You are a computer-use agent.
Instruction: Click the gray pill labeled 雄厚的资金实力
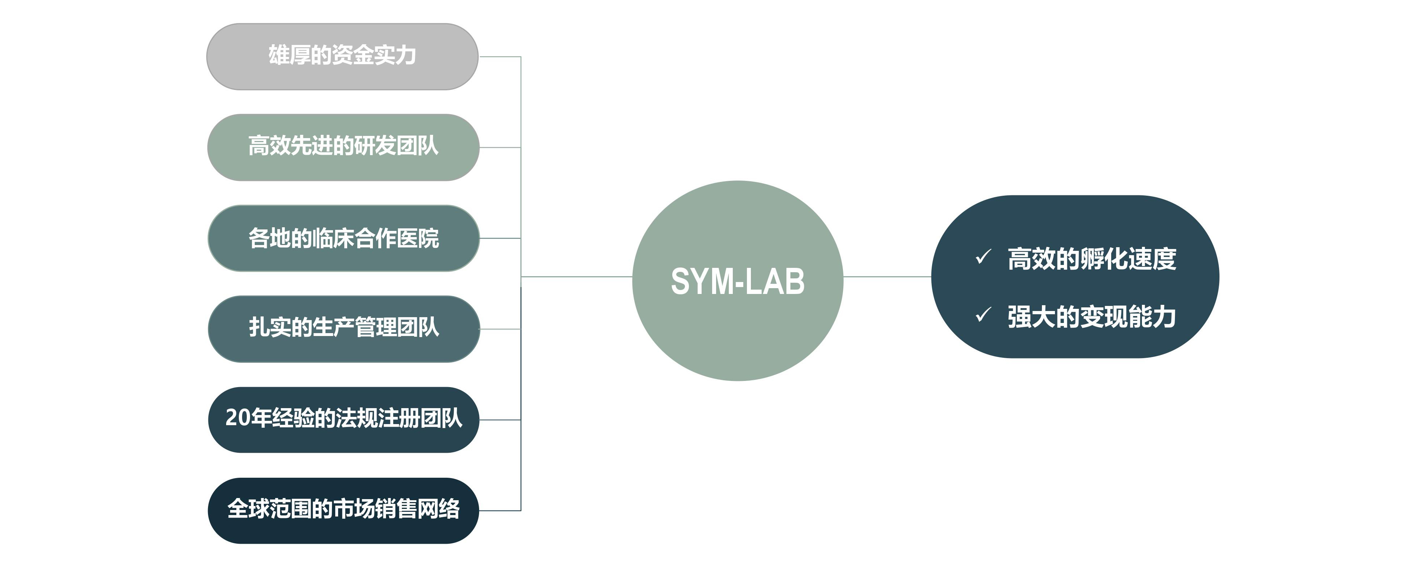[x=342, y=56]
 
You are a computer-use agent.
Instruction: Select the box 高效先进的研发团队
[x=343, y=147]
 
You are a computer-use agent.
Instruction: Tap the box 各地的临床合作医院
[x=343, y=238]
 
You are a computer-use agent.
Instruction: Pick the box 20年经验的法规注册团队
[x=343, y=419]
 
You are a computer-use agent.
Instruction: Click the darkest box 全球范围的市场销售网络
[x=343, y=510]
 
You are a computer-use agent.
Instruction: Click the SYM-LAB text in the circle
[x=737, y=281]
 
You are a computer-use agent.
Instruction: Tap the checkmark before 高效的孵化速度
[x=982, y=257]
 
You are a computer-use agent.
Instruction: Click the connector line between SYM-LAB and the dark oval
[x=887, y=277]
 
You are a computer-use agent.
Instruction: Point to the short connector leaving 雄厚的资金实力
[x=499, y=57]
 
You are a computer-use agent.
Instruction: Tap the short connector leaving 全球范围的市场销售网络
[x=499, y=511]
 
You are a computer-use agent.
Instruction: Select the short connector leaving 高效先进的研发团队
[x=499, y=148]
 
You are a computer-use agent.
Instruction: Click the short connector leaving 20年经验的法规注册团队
[x=499, y=420]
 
